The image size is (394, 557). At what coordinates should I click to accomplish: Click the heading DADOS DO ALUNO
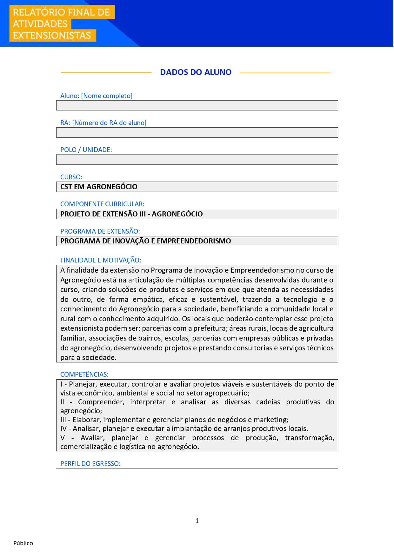click(x=196, y=72)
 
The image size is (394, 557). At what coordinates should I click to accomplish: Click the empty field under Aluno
click(x=197, y=105)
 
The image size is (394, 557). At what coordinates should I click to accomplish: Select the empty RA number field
click(x=197, y=132)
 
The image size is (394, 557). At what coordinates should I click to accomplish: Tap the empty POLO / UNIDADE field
click(x=197, y=160)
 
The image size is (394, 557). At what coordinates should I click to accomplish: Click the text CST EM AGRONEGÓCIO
click(x=99, y=187)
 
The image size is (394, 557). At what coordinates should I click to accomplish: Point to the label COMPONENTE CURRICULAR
click(x=102, y=204)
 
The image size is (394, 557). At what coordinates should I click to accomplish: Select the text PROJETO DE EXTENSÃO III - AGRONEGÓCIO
click(x=131, y=214)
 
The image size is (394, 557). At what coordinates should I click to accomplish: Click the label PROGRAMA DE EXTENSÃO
click(x=100, y=231)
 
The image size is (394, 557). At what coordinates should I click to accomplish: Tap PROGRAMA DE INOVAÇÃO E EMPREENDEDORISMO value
click(x=145, y=241)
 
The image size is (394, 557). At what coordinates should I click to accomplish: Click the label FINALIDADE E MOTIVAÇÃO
click(x=101, y=260)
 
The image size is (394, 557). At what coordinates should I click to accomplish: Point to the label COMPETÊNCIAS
click(x=84, y=374)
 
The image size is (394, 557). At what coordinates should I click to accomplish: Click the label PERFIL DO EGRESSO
click(x=90, y=463)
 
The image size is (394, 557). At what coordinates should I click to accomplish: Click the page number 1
click(x=197, y=521)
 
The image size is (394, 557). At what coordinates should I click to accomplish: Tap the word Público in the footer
click(x=23, y=543)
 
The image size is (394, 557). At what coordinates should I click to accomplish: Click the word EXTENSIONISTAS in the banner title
click(x=52, y=35)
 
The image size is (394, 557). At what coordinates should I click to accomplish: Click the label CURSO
click(x=71, y=177)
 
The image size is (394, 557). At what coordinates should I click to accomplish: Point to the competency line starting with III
click(x=174, y=420)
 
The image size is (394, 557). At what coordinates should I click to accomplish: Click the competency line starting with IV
click(x=184, y=428)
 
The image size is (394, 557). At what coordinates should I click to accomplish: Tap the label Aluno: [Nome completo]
click(x=96, y=96)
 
